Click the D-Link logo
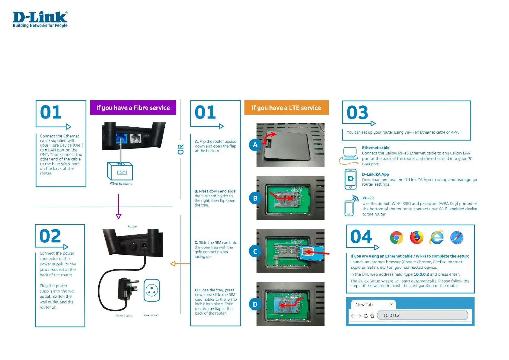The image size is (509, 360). click(40, 19)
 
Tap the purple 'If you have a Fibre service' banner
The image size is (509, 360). click(133, 108)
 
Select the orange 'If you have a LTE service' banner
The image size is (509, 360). click(286, 108)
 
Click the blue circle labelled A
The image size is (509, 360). click(255, 145)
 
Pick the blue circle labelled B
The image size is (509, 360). click(255, 198)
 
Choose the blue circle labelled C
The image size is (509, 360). click(255, 251)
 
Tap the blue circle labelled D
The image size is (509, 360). click(255, 304)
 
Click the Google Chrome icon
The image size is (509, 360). click(396, 238)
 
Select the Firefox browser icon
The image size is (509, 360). click(417, 237)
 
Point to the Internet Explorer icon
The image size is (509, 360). click(437, 238)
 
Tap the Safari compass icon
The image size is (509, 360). click(456, 238)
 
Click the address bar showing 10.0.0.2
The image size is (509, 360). click(423, 315)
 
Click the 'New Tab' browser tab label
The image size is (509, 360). click(364, 305)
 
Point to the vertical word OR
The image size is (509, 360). click(181, 149)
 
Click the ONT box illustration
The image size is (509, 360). click(120, 171)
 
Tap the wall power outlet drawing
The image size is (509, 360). click(152, 290)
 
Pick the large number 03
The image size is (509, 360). click(357, 113)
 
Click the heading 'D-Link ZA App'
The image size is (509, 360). click(375, 174)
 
